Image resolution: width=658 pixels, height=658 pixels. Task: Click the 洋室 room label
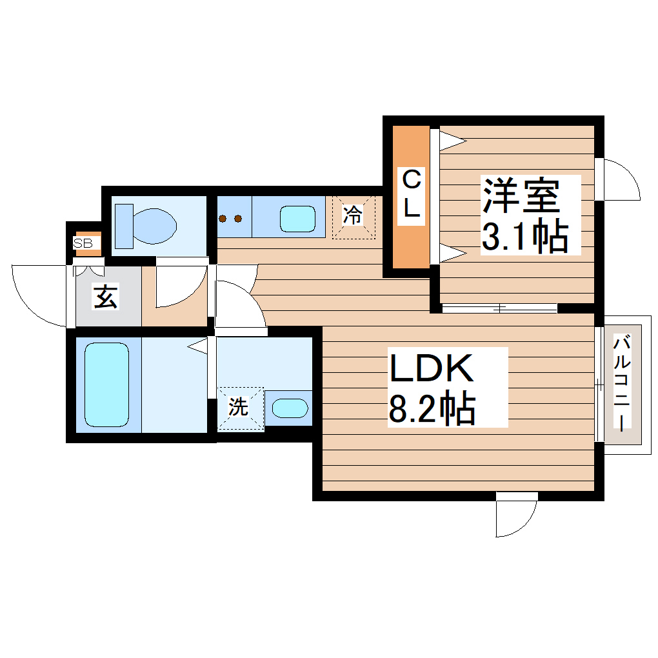[x=520, y=196]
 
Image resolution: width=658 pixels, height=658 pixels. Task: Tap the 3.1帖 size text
[x=525, y=237]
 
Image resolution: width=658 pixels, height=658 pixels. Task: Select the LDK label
[x=431, y=370]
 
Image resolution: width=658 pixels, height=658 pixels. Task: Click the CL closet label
[x=411, y=193]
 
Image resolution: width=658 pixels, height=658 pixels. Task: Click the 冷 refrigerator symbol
[x=353, y=215]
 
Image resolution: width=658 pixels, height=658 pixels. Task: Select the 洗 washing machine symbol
[x=239, y=408]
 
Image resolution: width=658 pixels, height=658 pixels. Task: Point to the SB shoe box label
[x=83, y=243]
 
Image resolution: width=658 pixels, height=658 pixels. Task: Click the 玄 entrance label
[x=107, y=297]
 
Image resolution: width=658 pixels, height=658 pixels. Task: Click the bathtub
[x=107, y=384]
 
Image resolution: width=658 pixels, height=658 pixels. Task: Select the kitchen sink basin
[x=297, y=218]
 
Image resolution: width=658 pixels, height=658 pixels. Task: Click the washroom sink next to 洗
[x=288, y=408]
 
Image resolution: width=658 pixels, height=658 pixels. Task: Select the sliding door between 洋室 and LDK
[x=500, y=308]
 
